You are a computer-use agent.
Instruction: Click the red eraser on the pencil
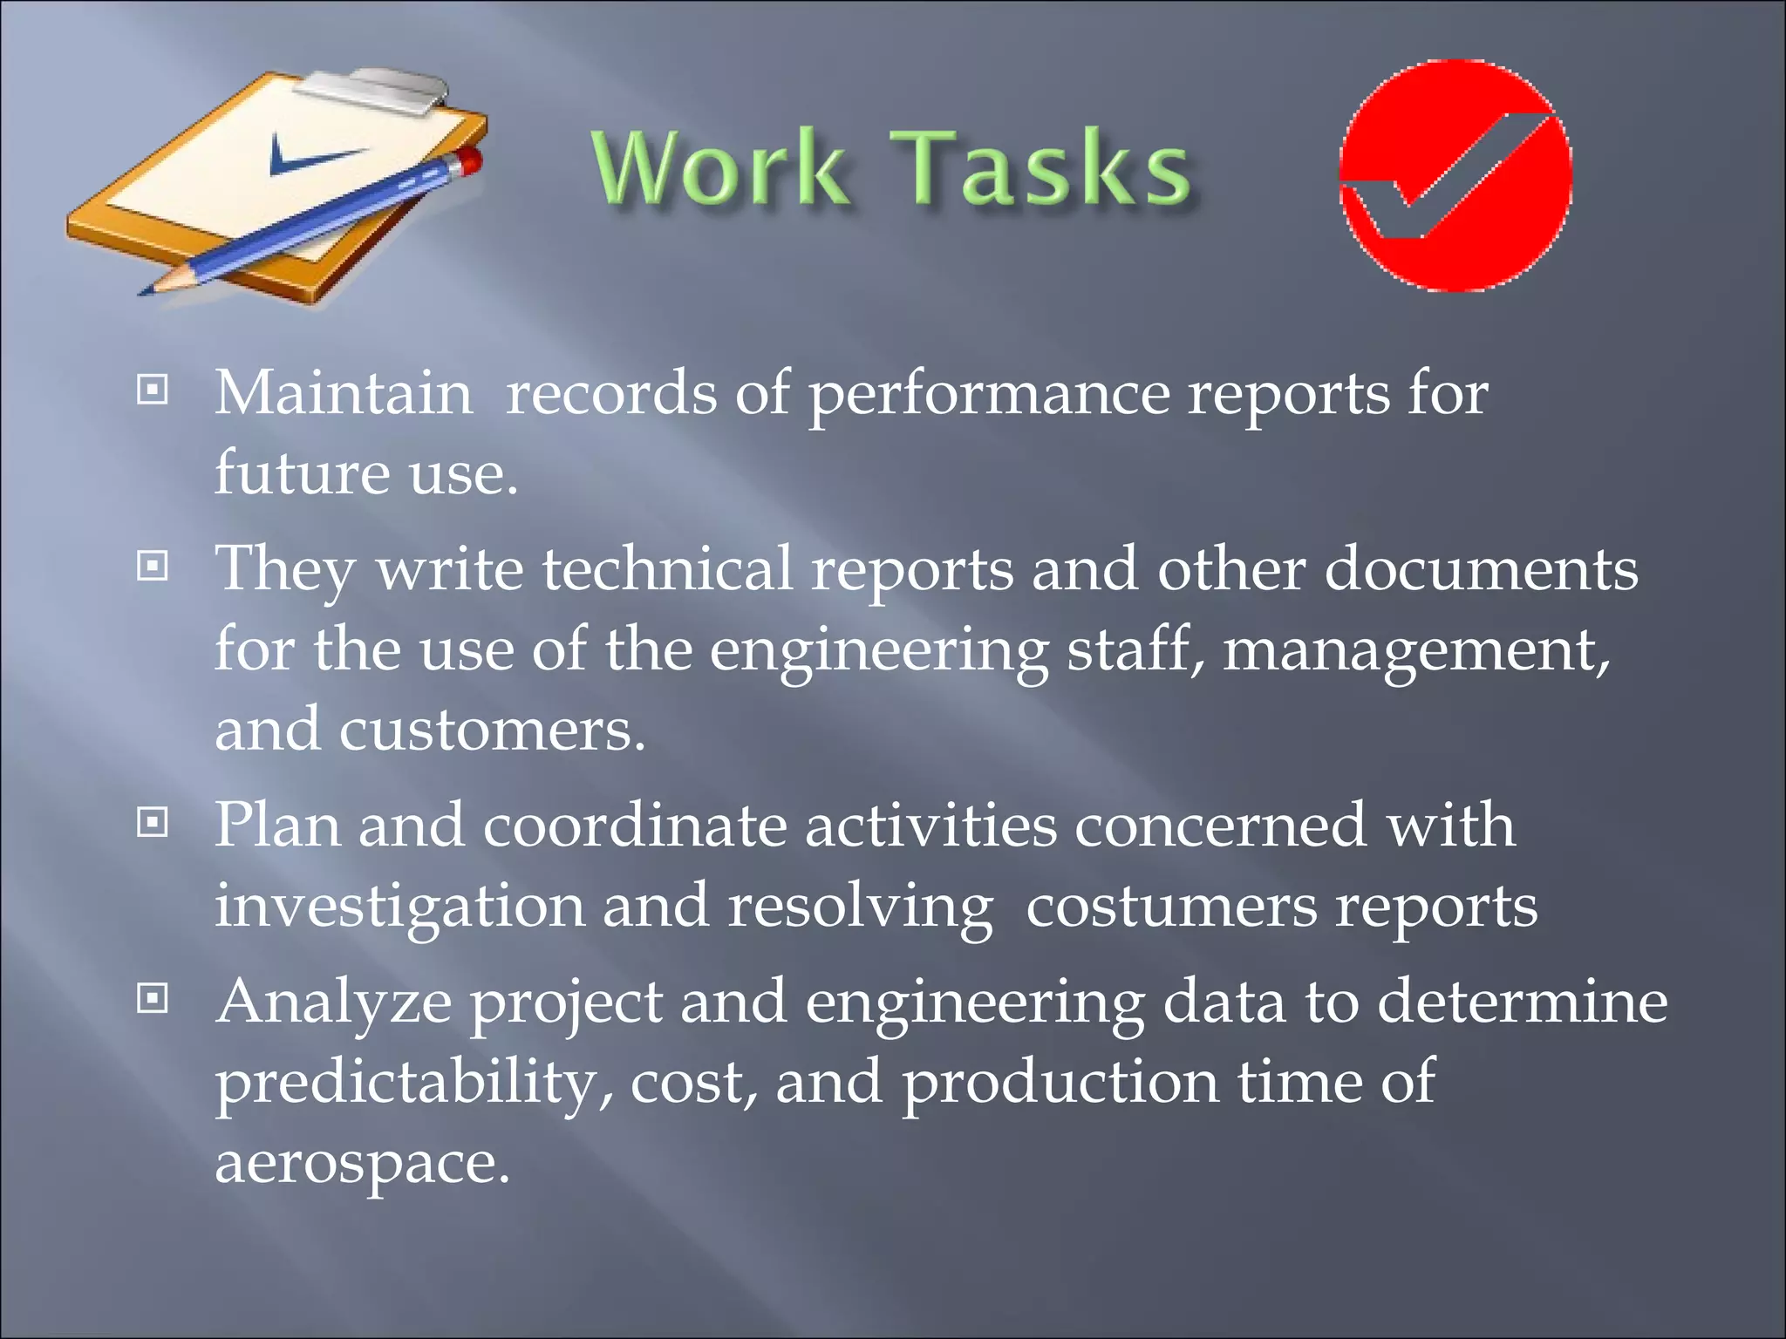tap(469, 160)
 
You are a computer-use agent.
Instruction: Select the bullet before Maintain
tap(153, 390)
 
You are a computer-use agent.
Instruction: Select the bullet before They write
tap(153, 567)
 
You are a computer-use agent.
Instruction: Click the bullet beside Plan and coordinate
tap(153, 821)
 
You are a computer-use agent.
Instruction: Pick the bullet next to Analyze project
tap(153, 998)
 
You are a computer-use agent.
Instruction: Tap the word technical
tap(666, 569)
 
